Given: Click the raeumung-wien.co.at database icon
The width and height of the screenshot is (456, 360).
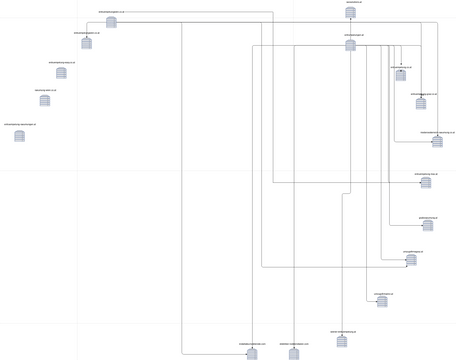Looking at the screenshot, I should pyautogui.click(x=45, y=100).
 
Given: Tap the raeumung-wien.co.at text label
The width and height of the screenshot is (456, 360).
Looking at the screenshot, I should pyautogui.click(x=45, y=90).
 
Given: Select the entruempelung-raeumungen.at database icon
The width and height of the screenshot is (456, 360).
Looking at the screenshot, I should pyautogui.click(x=20, y=135).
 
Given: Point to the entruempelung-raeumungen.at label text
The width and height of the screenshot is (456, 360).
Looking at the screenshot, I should pyautogui.click(x=20, y=125).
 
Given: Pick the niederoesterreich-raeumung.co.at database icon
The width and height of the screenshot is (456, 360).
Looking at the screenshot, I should pyautogui.click(x=437, y=142).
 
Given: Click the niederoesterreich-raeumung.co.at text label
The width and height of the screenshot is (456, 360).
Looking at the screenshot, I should pyautogui.click(x=437, y=132).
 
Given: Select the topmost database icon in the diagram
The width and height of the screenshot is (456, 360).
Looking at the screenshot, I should pyautogui.click(x=351, y=14).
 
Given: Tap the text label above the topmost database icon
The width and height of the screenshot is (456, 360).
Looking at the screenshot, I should pyautogui.click(x=354, y=3).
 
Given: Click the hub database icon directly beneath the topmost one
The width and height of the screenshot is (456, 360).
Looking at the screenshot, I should pyautogui.click(x=350, y=44).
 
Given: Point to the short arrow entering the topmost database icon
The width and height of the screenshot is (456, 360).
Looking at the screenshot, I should pyautogui.click(x=350, y=24).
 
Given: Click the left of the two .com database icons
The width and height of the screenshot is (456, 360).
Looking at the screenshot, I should pyautogui.click(x=252, y=353).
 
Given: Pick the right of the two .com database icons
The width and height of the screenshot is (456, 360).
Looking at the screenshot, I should pyautogui.click(x=294, y=353).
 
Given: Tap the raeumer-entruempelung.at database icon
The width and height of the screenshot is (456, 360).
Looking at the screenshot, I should pyautogui.click(x=342, y=340).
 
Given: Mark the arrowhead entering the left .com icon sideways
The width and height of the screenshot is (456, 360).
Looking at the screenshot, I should pyautogui.click(x=245, y=353).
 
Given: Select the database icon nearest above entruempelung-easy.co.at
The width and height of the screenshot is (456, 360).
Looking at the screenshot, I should pyautogui.click(x=87, y=43).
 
